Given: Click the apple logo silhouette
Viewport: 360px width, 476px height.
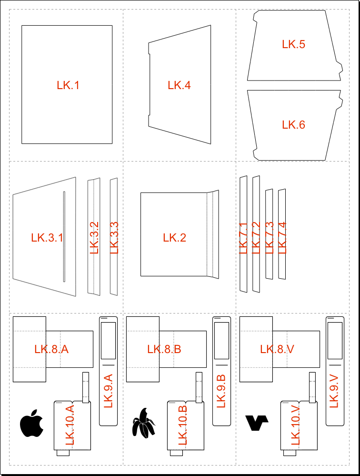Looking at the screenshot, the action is [31, 423].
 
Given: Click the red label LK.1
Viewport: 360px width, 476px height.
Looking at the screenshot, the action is [68, 85].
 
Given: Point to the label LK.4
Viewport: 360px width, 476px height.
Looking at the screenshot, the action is [179, 85].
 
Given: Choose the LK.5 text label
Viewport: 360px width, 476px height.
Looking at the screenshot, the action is [294, 44].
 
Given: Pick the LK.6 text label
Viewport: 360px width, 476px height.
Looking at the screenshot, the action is [294, 125].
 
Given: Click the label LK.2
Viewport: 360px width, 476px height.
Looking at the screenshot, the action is [175, 238].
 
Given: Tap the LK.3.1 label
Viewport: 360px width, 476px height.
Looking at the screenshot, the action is [47, 238].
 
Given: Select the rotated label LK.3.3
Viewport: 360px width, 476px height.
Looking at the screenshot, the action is [114, 238].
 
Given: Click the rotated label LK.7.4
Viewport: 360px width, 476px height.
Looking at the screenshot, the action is [282, 238].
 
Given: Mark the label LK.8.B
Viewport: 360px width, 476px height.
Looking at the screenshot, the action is [164, 349].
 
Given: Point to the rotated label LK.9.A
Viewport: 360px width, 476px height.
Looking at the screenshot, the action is [108, 391].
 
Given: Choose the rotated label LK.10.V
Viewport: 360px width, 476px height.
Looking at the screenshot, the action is [295, 425].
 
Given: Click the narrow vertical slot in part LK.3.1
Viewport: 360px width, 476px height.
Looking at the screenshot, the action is [64, 236].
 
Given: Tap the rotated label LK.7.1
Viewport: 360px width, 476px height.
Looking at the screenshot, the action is [243, 238].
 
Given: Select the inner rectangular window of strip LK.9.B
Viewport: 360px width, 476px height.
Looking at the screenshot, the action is [222, 341].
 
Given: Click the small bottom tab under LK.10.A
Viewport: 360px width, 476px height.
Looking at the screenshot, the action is [63, 453].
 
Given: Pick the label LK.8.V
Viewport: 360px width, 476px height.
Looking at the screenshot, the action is [277, 349].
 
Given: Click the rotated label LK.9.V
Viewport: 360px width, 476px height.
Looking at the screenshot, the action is [334, 391].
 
